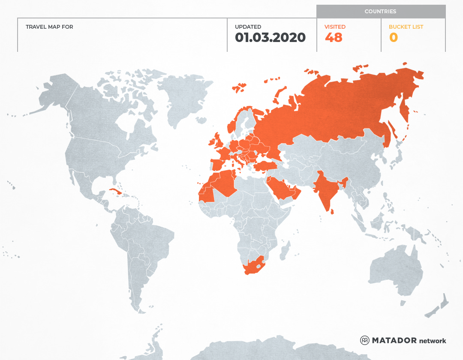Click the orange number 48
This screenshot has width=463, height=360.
point(334,38)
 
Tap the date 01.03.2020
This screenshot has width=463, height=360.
point(270,38)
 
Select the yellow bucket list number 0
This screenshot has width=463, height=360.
point(393,38)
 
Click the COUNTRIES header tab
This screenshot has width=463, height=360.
point(380,12)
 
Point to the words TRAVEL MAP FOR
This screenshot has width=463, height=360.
point(49,27)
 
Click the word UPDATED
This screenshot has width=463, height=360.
point(248,27)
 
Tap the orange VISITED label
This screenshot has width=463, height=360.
point(335,27)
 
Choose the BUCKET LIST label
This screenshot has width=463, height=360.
point(406,27)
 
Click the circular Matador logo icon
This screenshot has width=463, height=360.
point(365,340)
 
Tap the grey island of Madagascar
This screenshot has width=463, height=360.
point(284,250)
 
